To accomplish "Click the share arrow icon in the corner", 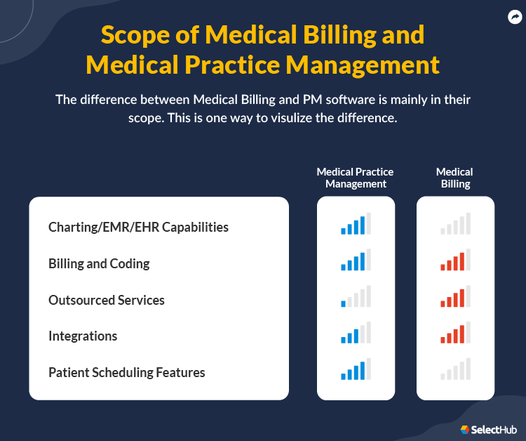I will (514, 18).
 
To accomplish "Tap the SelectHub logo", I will (489, 429).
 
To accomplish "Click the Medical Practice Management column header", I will (355, 178).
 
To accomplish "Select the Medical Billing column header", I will (454, 178).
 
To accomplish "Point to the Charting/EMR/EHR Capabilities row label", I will (138, 227).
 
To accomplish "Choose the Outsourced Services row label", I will (107, 300).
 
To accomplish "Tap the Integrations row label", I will (83, 336).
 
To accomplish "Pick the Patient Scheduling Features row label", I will (127, 372).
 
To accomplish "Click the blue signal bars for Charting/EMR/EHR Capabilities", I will (356, 224).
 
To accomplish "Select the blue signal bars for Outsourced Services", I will (356, 297).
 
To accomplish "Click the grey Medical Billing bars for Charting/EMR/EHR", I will (455, 224).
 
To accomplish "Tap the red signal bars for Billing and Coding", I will (455, 261).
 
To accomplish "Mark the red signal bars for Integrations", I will (455, 333).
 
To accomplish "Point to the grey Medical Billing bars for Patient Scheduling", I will (455, 369).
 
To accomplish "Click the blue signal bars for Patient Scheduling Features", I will (356, 369).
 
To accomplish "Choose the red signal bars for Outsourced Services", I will (455, 297).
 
